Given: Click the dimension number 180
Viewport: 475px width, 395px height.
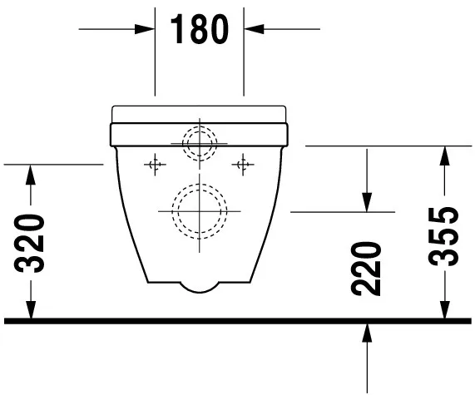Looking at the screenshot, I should (x=200, y=30).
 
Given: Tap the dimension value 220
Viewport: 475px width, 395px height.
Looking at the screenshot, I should (x=366, y=269).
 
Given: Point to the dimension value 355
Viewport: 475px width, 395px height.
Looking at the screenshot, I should (x=447, y=235).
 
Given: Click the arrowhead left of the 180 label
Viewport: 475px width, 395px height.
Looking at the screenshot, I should (x=147, y=30).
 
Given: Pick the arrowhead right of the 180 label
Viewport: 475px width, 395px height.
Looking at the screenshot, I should (x=252, y=30).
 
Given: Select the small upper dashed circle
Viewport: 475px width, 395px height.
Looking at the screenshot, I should (x=199, y=142).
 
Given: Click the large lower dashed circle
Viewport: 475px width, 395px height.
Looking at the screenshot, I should (x=199, y=210).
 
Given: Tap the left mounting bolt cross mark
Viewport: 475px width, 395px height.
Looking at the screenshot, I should (x=153, y=165).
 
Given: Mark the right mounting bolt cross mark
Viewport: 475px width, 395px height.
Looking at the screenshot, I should (x=244, y=165).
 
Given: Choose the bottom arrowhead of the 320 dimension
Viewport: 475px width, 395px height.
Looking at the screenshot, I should (x=32, y=309).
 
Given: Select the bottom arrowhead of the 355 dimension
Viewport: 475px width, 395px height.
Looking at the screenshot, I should (x=447, y=309).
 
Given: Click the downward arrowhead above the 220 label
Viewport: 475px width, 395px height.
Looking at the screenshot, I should (x=366, y=202).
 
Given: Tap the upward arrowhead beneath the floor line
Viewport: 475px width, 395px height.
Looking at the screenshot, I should (x=366, y=333).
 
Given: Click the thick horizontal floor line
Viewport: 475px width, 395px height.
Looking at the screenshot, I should (x=237, y=320).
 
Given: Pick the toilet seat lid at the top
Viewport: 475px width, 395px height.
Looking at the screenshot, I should (x=199, y=113).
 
